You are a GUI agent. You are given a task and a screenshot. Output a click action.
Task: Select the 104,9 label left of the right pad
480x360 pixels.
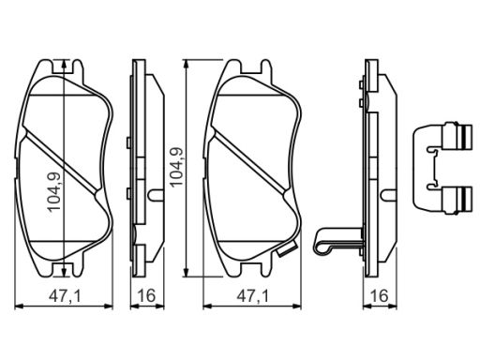point(176,166)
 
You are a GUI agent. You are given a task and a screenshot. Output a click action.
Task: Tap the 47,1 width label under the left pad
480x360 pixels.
point(65,295)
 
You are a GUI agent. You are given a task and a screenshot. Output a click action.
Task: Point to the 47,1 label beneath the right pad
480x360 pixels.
point(252,295)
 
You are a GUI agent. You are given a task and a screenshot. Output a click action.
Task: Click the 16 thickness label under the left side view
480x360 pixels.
point(146,295)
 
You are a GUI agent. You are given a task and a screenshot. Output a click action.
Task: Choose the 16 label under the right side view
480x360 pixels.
point(380,295)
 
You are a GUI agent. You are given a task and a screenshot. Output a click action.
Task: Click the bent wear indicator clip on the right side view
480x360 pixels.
point(337,240)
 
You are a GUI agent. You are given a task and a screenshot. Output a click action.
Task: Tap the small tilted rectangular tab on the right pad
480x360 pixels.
point(287,248)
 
